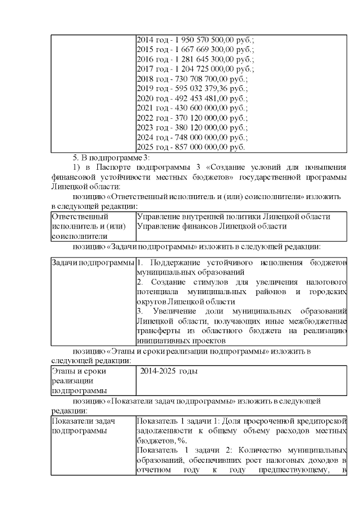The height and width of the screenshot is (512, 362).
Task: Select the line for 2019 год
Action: pos(192,88)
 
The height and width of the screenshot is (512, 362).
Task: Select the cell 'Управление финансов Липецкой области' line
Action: pos(211,226)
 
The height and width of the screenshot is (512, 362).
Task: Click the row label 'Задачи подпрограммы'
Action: pos(93,264)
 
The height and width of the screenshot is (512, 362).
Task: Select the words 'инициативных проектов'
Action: pos(181,341)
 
